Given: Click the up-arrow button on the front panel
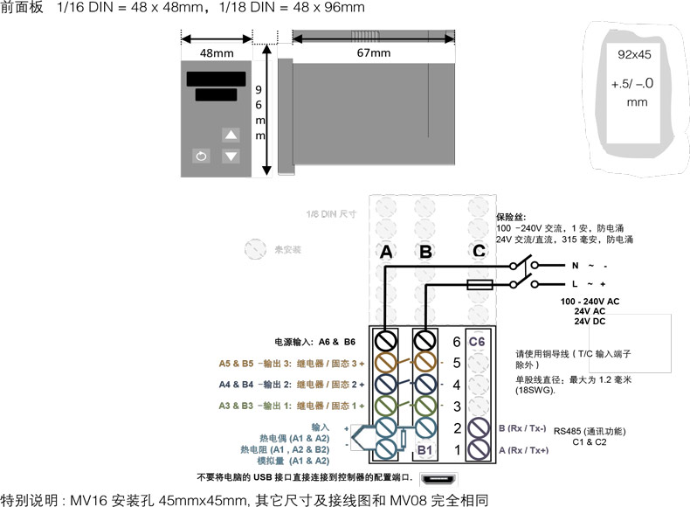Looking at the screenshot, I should pyautogui.click(x=231, y=135).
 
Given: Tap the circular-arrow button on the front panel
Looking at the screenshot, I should pyautogui.click(x=202, y=156).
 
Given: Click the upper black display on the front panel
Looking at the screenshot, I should pyautogui.click(x=216, y=78).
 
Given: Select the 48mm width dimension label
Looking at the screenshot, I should pyautogui.click(x=217, y=53).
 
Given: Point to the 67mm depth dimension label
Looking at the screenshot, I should pyautogui.click(x=373, y=53).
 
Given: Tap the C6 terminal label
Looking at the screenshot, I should pyautogui.click(x=477, y=340).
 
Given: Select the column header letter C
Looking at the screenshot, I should pyautogui.click(x=479, y=252).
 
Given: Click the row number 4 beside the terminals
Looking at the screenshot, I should pyautogui.click(x=455, y=384).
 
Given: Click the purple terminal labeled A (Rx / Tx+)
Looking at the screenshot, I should pyautogui.click(x=479, y=449).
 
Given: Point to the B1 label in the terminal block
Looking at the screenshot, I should pyautogui.click(x=426, y=450).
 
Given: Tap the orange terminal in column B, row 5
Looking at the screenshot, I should pyautogui.click(x=425, y=362).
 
